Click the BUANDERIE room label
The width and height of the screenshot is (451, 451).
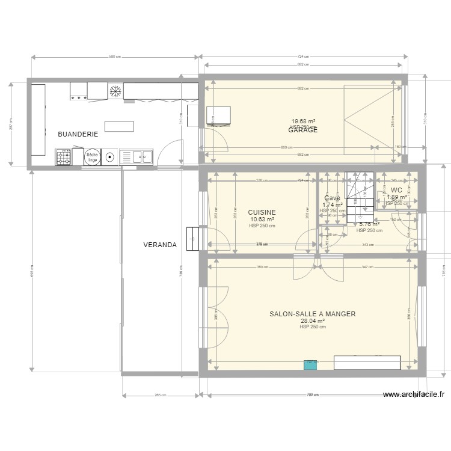(78, 135)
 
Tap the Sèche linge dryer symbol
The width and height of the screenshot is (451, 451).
(92, 158)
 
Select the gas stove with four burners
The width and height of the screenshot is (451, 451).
(64, 158)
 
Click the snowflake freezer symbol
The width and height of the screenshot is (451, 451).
(115, 91)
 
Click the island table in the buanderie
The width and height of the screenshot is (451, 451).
(119, 126)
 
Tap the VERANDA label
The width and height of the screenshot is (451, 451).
(159, 245)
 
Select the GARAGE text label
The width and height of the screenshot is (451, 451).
(303, 130)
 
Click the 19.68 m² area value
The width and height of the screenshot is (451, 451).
(303, 121)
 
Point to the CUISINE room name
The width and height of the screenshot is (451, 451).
(262, 212)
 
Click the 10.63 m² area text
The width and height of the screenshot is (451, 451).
(262, 219)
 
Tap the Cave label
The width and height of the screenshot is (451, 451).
(332, 198)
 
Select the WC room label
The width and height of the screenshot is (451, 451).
(396, 190)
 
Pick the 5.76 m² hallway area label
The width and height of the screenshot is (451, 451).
(369, 224)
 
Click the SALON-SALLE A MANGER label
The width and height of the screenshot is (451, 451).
(312, 314)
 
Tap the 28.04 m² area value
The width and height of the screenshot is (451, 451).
(312, 321)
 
